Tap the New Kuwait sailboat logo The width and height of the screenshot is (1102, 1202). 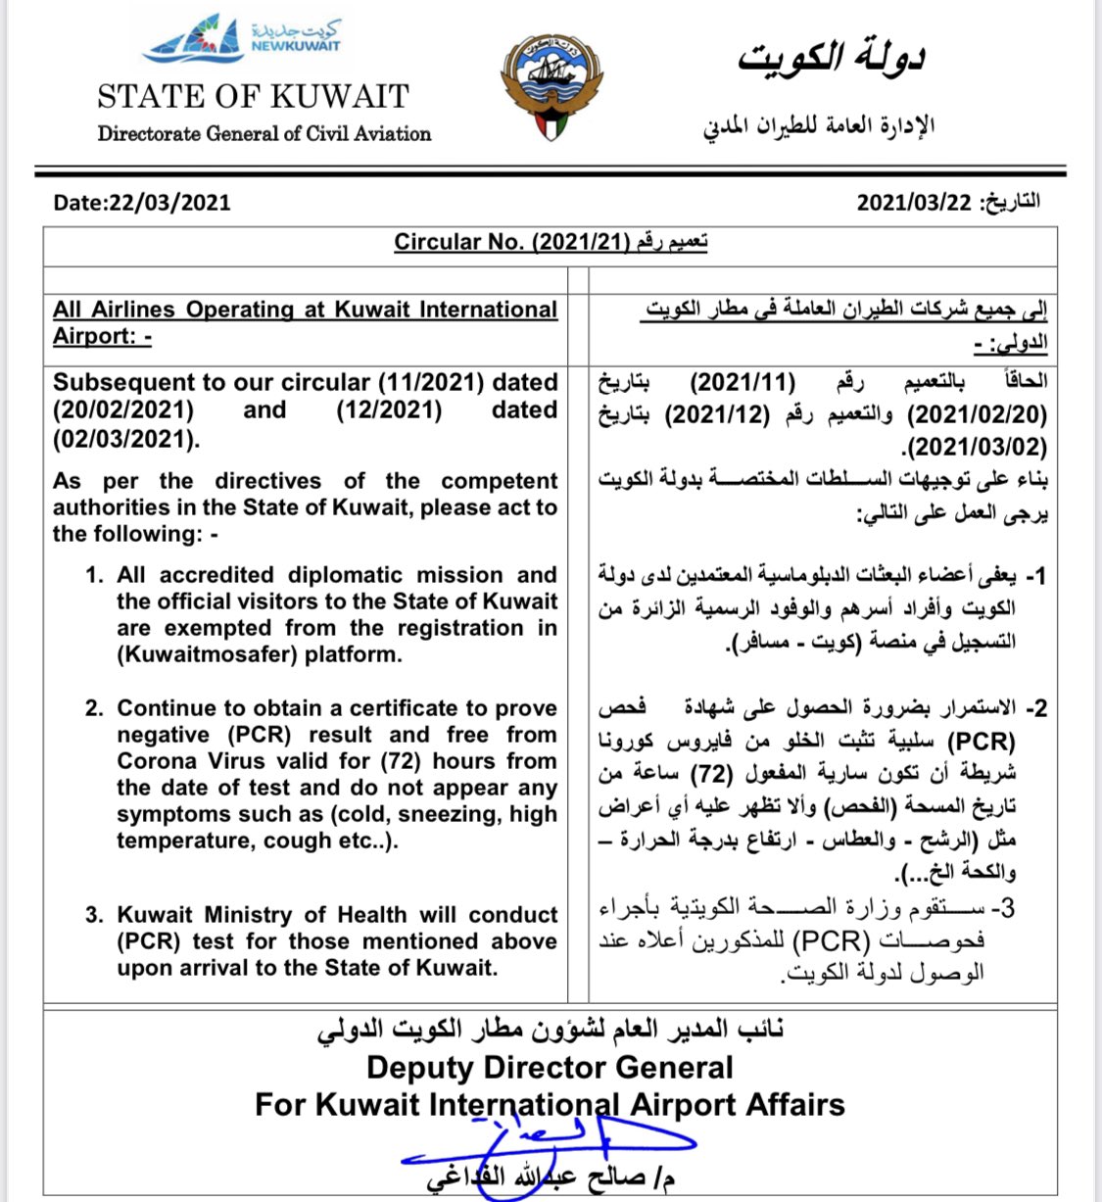[x=195, y=42]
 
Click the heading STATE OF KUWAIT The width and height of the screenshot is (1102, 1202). [x=253, y=96]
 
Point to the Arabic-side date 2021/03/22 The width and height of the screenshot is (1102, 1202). [x=914, y=203]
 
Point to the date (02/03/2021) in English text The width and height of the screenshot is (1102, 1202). [x=126, y=438]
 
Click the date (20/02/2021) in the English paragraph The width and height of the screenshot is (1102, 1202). [x=123, y=409]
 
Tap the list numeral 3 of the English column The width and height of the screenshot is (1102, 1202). [x=93, y=915]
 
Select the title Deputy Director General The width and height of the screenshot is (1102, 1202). [x=550, y=1067]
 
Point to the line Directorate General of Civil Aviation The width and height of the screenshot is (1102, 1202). [x=264, y=133]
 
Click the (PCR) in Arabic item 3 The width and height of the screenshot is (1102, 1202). [x=830, y=941]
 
